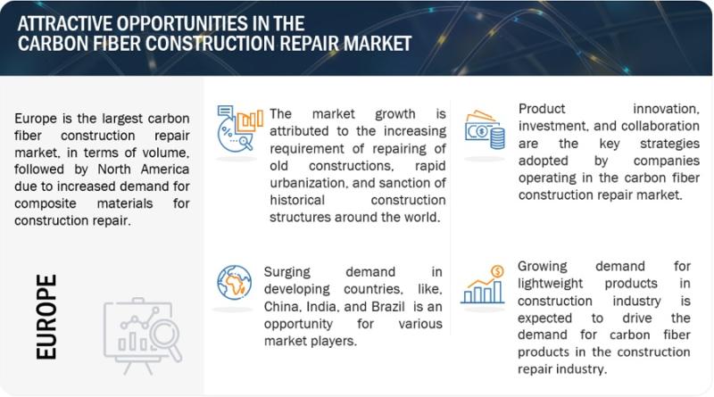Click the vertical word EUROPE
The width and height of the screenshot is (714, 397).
tap(46, 317)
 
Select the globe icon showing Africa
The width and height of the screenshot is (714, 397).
tap(234, 282)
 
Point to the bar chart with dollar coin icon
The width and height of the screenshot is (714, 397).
tap(483, 285)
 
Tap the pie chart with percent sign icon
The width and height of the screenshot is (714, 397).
tap(240, 128)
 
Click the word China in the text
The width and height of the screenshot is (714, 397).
tap(280, 307)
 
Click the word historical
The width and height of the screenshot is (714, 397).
tap(297, 201)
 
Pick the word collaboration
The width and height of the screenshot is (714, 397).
tap(660, 126)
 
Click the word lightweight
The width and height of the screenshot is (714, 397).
tap(550, 284)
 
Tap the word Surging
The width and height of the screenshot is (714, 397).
tap(286, 272)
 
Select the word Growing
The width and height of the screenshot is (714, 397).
tap(542, 267)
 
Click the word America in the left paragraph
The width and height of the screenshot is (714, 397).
tap(165, 170)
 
